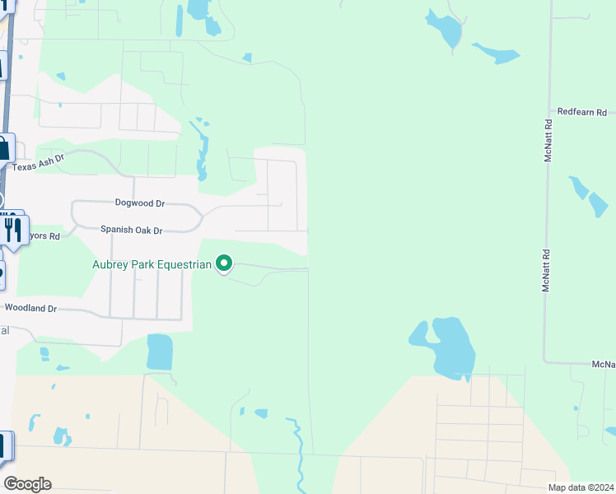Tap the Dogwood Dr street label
(140, 203)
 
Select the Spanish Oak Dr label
(132, 231)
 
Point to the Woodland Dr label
(30, 308)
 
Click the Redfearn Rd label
(581, 112)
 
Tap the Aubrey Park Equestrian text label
(152, 264)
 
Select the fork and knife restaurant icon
(12, 229)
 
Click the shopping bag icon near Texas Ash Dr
(4, 149)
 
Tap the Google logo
(27, 484)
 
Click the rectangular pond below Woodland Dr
(160, 352)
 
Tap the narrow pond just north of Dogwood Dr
(201, 152)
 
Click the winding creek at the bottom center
(297, 449)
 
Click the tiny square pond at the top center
(246, 58)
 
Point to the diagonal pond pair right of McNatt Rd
(589, 194)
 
